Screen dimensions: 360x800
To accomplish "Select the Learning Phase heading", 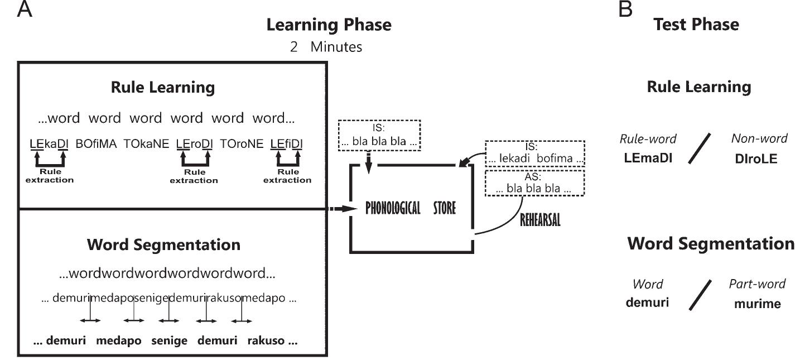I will tap(329, 25).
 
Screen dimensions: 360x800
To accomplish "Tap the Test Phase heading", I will tap(696, 24).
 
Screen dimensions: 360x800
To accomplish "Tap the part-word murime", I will tap(756, 304).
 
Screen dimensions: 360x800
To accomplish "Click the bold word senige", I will tap(168, 340).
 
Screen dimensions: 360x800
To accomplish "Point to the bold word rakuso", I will tap(268, 340).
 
